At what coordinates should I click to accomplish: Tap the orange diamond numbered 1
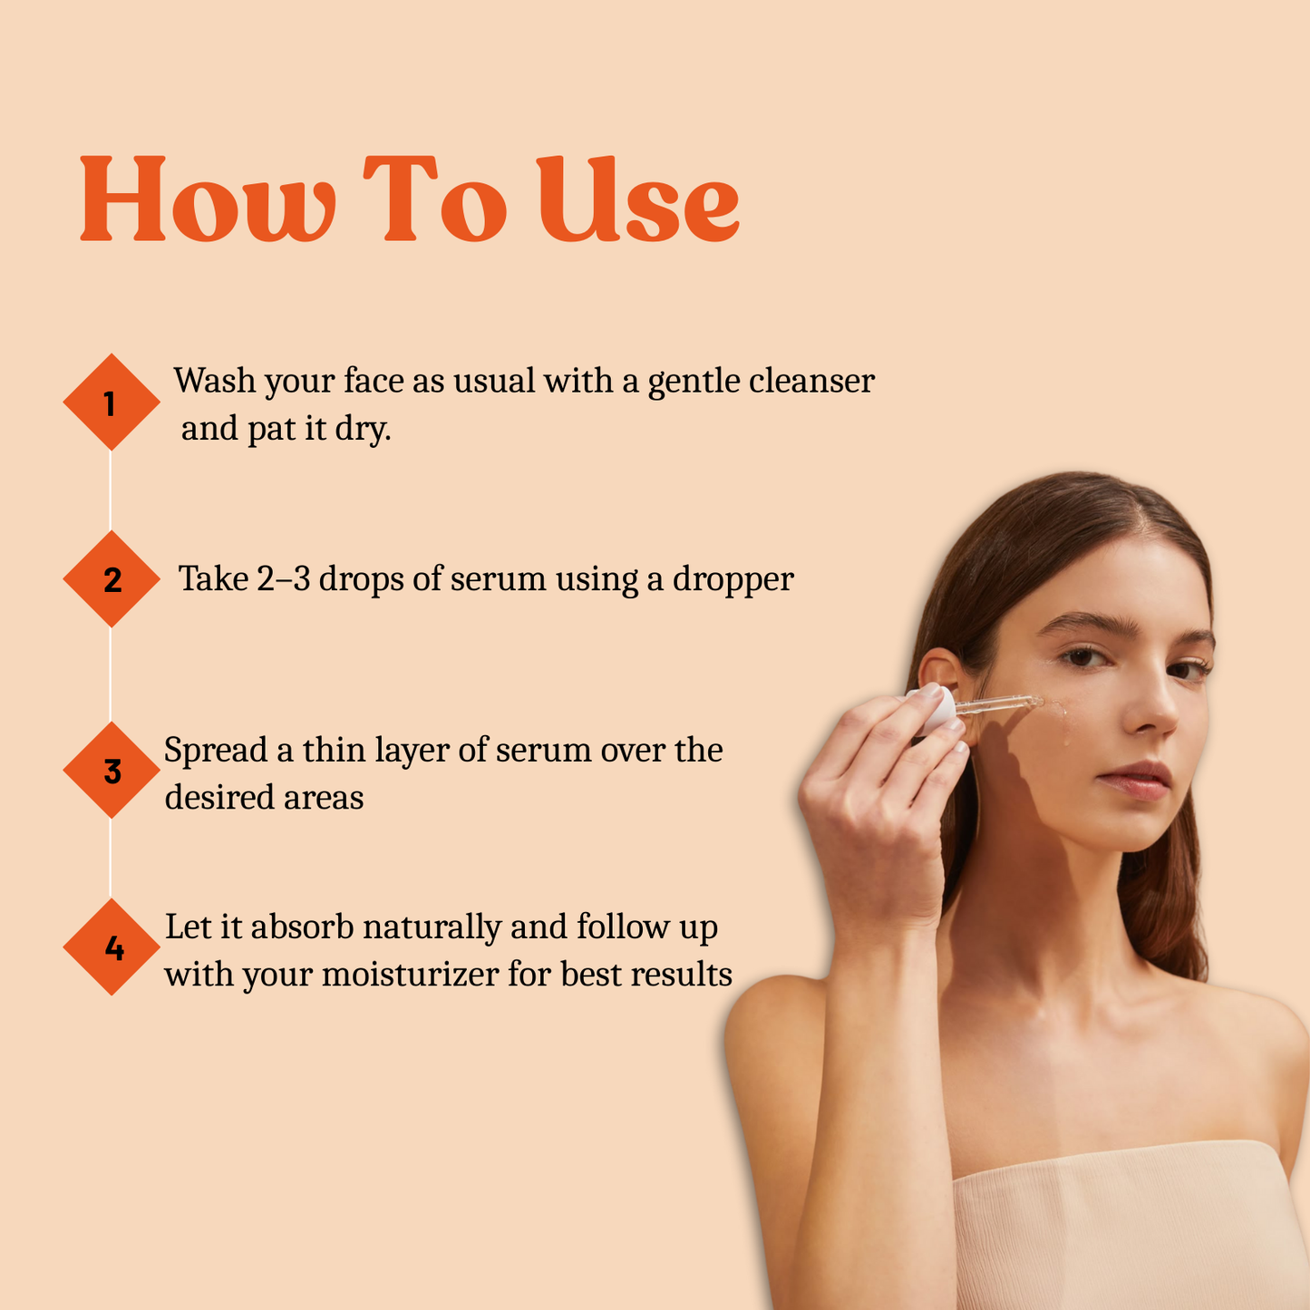111,402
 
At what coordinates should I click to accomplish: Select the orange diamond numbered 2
111,579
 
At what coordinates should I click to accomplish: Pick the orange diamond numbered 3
111,771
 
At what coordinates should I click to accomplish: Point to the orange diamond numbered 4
111,947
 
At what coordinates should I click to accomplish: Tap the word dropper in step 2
733,579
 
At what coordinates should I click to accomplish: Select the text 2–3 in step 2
283,579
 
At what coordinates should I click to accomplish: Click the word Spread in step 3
216,752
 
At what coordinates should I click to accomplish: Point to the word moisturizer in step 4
412,975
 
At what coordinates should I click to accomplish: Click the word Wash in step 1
215,381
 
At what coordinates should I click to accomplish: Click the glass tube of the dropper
997,704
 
